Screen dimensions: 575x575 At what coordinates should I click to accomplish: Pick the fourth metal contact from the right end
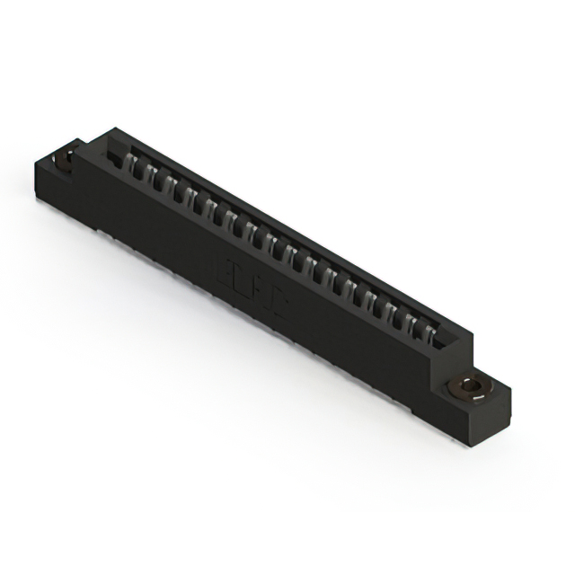tap(376, 304)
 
